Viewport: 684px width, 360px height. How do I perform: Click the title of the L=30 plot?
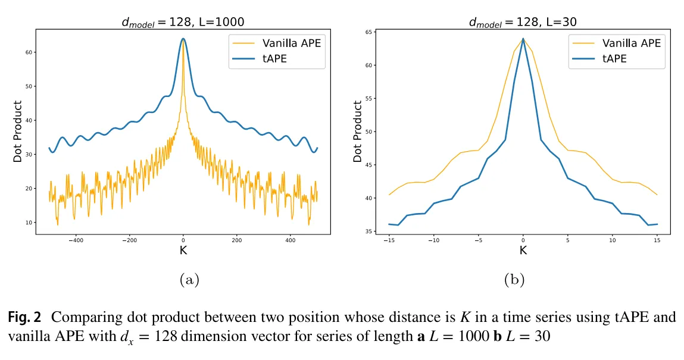coord(523,23)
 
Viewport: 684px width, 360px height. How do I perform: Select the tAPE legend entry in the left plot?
coord(275,58)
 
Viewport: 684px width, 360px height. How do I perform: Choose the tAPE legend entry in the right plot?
coord(615,58)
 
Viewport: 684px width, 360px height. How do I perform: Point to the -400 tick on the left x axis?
coord(76,241)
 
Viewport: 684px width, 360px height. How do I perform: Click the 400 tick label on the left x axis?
coord(291,241)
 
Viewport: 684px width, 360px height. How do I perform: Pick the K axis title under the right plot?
coord(523,251)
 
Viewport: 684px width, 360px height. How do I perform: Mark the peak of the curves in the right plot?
coord(523,39)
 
